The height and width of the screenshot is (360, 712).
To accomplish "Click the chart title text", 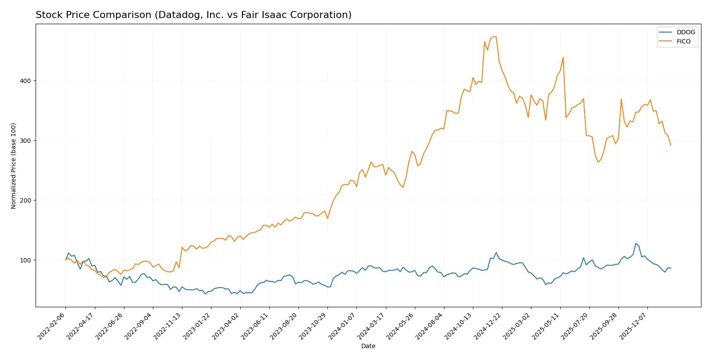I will [193, 15].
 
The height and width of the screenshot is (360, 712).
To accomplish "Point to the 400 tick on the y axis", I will [25, 81].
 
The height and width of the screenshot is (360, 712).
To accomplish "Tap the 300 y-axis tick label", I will [25, 141].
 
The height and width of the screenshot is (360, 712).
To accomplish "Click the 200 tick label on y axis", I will [25, 200].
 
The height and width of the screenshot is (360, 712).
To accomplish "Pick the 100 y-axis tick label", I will [25, 260].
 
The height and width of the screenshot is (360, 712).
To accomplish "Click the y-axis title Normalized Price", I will [14, 166].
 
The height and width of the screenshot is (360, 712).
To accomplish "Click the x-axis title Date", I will [368, 346].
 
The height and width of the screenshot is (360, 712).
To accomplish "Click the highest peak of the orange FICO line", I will [494, 36].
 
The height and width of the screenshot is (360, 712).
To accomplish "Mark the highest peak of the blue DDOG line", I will [636, 244].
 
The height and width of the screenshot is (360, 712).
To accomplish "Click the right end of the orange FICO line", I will [671, 145].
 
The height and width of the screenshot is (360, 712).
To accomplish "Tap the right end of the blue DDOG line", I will [671, 268].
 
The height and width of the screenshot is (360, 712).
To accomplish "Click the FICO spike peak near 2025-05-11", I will [563, 57].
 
